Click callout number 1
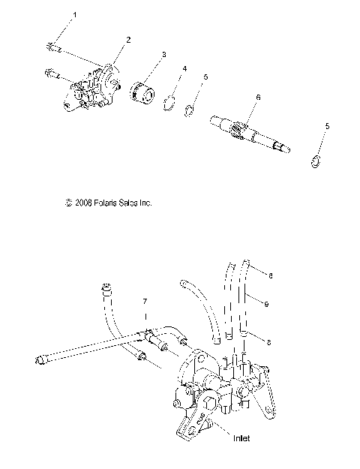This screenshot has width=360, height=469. (73, 15)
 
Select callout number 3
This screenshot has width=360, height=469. (163, 56)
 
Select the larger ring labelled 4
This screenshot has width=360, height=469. (170, 107)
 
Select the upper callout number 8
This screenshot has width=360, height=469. (270, 276)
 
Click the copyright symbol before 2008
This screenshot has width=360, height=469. (49, 203)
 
